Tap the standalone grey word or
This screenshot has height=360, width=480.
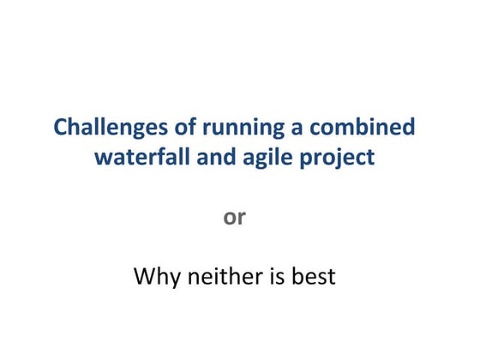pyautogui.click(x=235, y=218)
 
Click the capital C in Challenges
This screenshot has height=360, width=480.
pyautogui.click(x=61, y=128)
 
